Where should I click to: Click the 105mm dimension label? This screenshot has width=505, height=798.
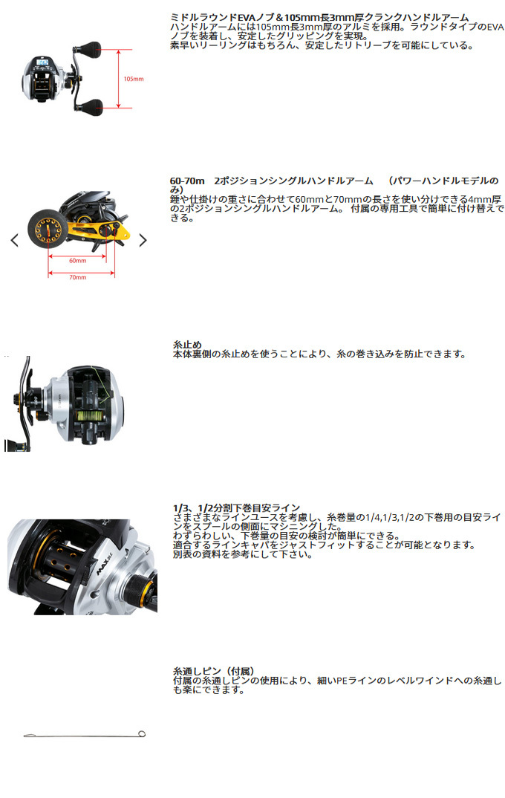133,79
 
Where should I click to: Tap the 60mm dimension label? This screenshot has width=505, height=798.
78,261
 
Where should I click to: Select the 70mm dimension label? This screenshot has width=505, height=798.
78,277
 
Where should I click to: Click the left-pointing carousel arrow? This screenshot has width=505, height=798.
15,240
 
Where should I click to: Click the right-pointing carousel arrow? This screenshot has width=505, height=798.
143,240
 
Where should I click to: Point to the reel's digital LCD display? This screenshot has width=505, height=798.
43,63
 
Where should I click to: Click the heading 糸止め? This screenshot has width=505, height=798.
188,345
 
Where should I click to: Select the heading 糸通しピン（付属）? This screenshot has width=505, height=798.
214,671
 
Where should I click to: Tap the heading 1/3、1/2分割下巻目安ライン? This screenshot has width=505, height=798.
236,508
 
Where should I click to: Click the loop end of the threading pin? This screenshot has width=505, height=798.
142,734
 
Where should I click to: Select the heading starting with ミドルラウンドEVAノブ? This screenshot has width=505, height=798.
319,18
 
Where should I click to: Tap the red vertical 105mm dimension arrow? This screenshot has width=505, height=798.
119,79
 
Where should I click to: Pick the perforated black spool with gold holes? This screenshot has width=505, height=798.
61,558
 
